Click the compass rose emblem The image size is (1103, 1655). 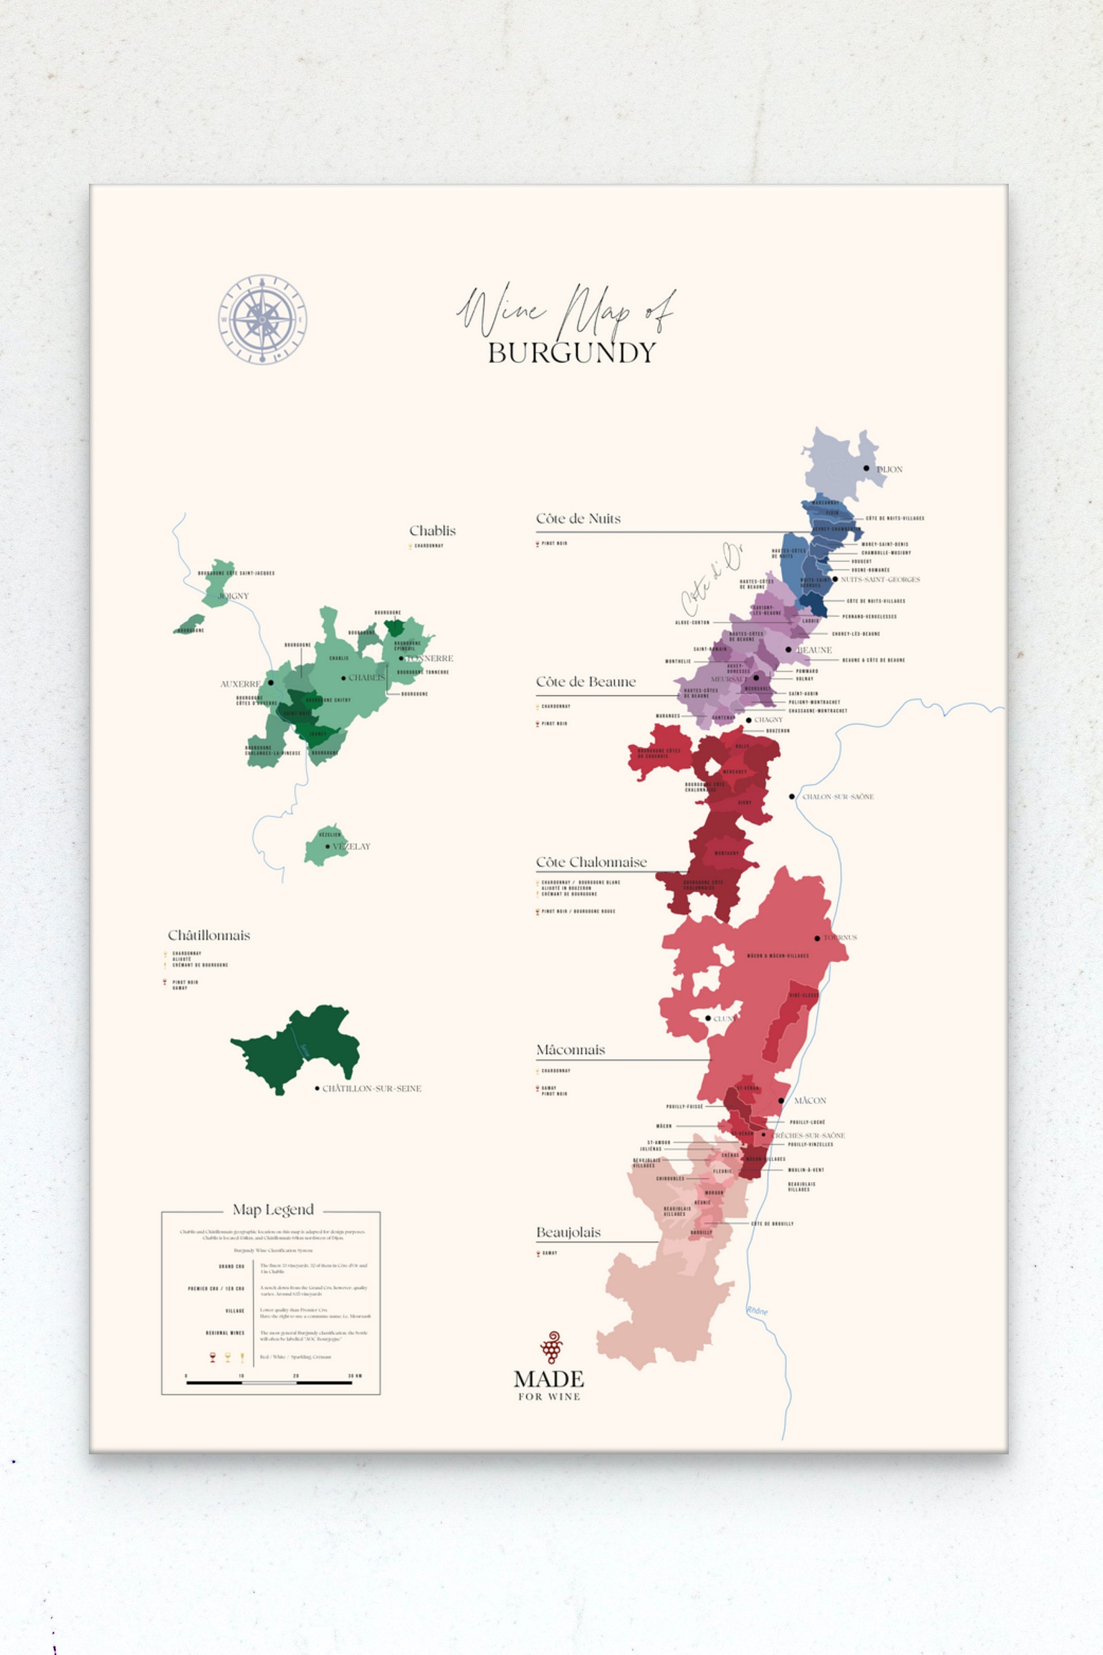click(x=263, y=319)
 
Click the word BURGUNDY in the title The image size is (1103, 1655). click(x=572, y=353)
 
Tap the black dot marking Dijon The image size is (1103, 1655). click(x=866, y=468)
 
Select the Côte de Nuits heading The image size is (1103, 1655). click(x=578, y=519)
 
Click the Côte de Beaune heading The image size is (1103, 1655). click(x=585, y=682)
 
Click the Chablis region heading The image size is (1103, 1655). click(x=432, y=531)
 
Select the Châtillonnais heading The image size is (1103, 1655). click(x=208, y=936)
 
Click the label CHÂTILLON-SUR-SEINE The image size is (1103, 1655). click(x=371, y=1088)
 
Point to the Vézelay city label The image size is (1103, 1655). click(x=350, y=846)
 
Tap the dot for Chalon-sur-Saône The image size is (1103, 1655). click(x=791, y=797)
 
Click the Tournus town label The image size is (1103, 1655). click(x=840, y=938)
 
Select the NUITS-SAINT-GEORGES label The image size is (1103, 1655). click(x=880, y=580)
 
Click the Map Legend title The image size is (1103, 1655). click(x=273, y=1210)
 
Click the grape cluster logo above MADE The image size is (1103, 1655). click(x=551, y=1348)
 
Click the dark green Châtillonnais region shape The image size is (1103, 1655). click(x=299, y=1049)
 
